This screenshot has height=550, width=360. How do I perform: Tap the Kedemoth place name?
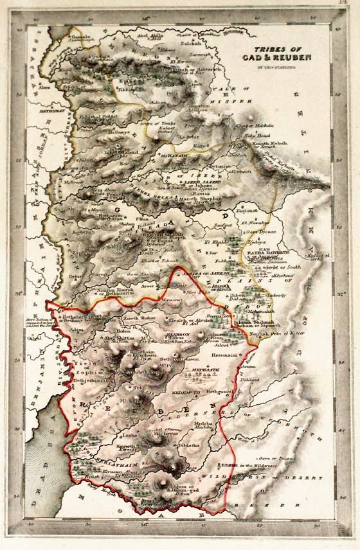[187, 391]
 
